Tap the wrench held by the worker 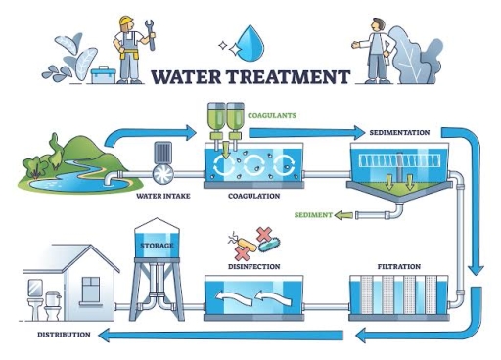point(150,40)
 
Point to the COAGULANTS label point(273,115)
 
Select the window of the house point(90,289)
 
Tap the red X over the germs point(263,235)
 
